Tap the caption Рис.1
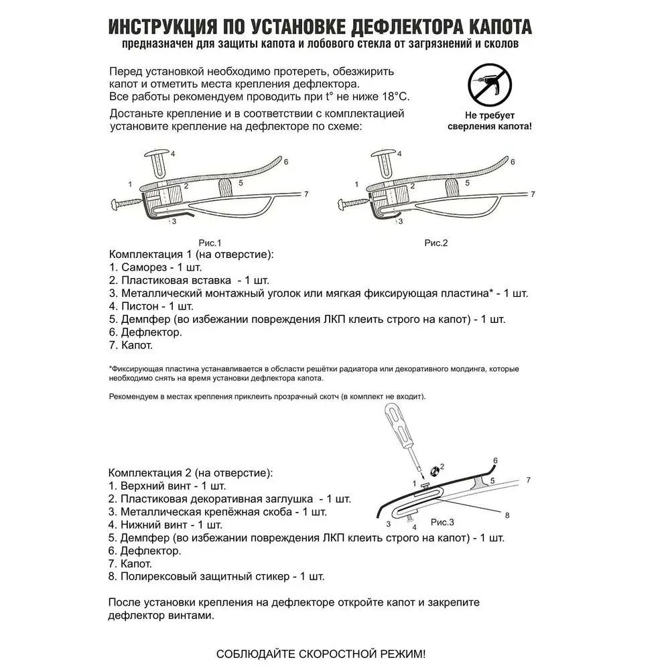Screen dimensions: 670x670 coord(210,243)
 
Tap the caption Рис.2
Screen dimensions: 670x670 coord(435,243)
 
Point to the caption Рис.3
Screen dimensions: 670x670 coord(442,522)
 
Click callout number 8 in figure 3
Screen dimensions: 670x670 coord(507,515)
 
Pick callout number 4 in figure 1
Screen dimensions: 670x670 coord(173,153)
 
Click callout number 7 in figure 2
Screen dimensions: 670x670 coord(534,194)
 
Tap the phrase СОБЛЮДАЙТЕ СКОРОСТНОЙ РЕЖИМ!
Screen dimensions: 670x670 coord(320,653)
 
